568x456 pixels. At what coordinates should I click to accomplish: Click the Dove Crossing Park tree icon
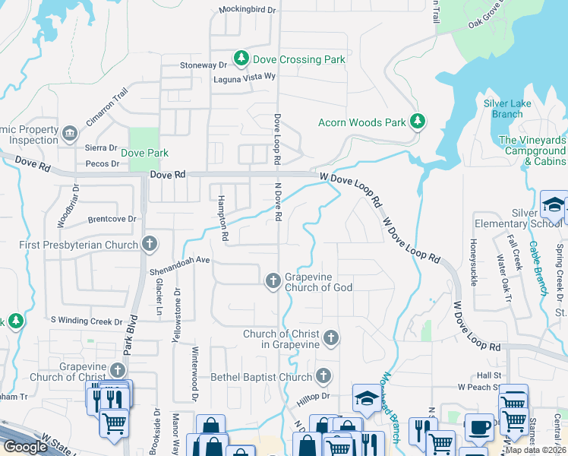click(x=241, y=58)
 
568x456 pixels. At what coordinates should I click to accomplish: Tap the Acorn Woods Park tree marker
click(x=417, y=121)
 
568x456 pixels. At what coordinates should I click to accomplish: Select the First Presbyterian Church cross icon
click(x=150, y=244)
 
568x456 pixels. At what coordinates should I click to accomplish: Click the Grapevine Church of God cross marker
click(x=273, y=280)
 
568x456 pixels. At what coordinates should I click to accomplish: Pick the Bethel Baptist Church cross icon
click(x=323, y=376)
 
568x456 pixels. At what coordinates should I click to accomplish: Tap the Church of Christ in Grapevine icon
click(x=330, y=337)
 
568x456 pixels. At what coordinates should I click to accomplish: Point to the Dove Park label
click(x=145, y=153)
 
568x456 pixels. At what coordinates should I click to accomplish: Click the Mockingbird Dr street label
click(x=248, y=10)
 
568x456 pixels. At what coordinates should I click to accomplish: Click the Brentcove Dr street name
click(x=111, y=219)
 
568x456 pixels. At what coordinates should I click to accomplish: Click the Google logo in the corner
click(x=25, y=447)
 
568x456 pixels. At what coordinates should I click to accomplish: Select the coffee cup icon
click(x=478, y=427)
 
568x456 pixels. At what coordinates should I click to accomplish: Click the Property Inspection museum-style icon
click(x=70, y=134)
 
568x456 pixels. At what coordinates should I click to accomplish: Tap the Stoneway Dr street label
click(x=203, y=65)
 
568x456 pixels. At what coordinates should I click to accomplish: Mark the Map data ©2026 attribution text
click(x=535, y=450)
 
